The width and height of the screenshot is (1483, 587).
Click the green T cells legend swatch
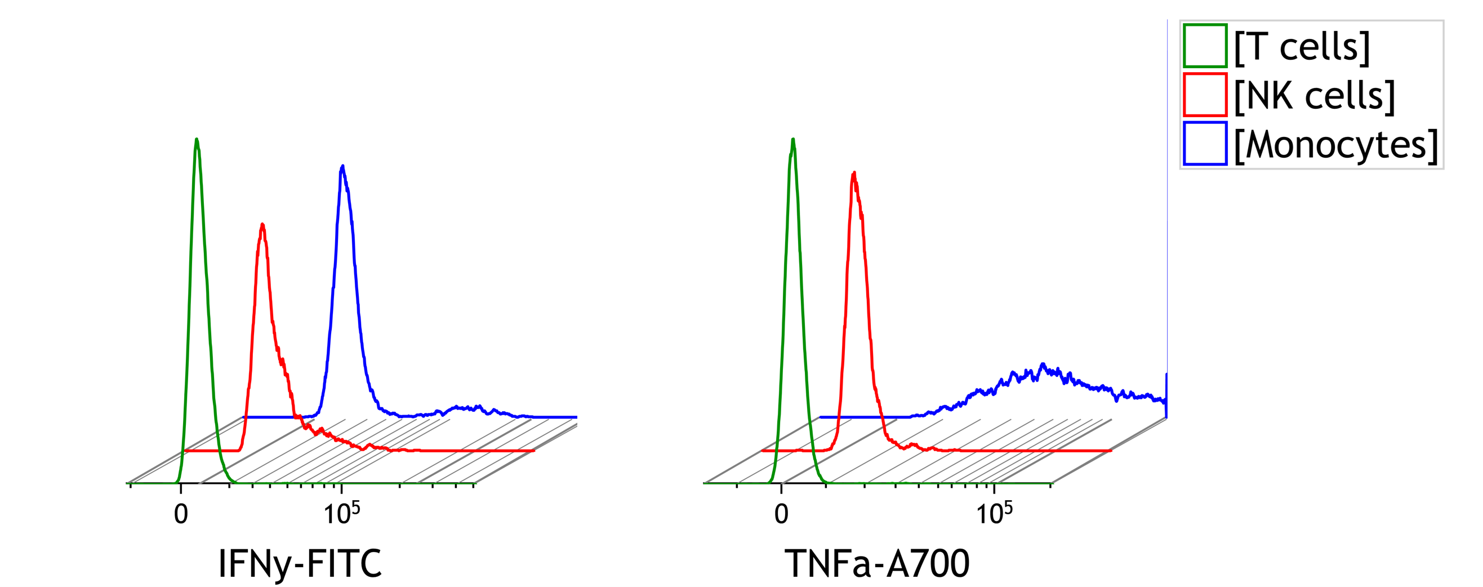[x=1204, y=46]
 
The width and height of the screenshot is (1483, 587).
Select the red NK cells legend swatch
[x=1204, y=95]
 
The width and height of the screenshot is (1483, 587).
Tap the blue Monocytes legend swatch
[x=1204, y=144]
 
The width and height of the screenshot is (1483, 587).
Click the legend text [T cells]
[x=1302, y=47]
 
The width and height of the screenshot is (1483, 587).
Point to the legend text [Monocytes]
[x=1336, y=145]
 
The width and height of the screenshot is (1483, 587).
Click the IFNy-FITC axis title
[x=300, y=563]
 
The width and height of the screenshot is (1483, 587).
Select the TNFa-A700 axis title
[x=877, y=563]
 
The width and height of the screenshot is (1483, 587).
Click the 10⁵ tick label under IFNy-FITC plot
[x=341, y=512]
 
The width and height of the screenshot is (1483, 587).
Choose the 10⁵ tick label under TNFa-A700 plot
[x=994, y=512]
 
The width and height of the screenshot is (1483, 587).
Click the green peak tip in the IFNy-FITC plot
[x=197, y=139]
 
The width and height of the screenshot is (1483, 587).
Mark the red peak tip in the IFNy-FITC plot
[x=262, y=225]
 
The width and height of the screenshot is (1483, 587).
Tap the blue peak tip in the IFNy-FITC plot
[x=343, y=167]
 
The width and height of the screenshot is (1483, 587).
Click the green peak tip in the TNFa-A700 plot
[x=793, y=139]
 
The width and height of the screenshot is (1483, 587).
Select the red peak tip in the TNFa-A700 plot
[x=854, y=173]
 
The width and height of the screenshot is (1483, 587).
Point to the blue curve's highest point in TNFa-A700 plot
[x=1043, y=364]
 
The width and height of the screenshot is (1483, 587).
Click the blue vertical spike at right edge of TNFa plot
[x=1166, y=392]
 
